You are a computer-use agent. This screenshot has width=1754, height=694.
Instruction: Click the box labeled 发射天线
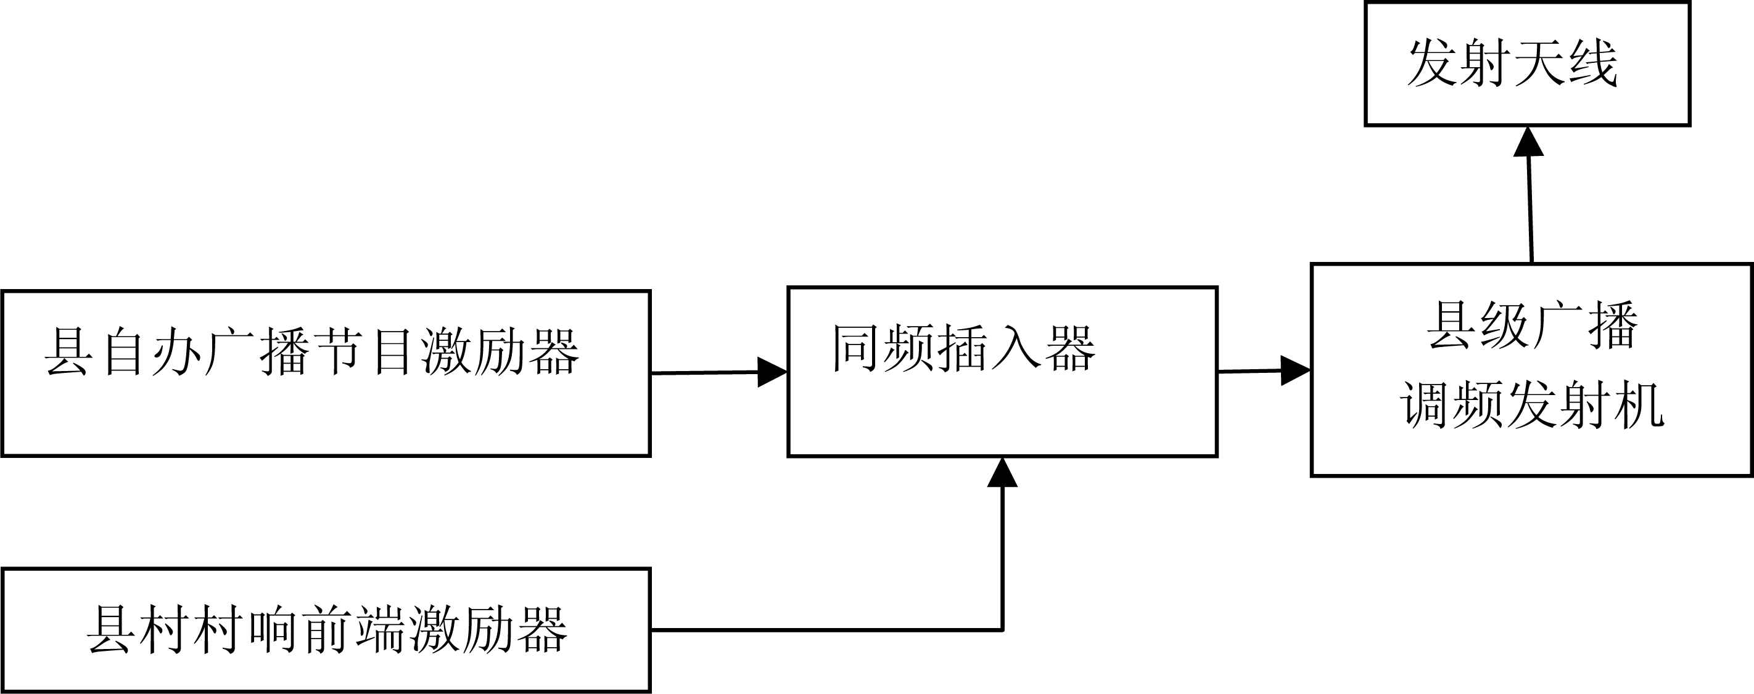[x=1527, y=64]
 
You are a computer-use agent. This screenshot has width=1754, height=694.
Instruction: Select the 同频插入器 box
[x=1002, y=372]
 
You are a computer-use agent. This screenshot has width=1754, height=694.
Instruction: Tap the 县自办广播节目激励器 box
[x=326, y=374]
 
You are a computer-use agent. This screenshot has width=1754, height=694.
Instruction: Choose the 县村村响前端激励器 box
[x=326, y=629]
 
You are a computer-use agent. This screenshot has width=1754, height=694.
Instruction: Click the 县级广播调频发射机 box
[x=1531, y=369]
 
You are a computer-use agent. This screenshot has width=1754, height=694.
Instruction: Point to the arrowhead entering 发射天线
[x=1528, y=142]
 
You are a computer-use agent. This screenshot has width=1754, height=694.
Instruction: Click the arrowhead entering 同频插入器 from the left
[x=772, y=372]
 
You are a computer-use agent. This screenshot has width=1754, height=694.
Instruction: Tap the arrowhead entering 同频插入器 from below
[x=1002, y=473]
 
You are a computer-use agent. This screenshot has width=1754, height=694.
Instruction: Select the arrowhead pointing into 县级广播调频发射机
[x=1295, y=371]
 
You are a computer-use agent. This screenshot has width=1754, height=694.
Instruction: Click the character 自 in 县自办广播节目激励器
[x=124, y=352]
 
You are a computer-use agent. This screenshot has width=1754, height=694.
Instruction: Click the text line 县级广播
[x=1532, y=326]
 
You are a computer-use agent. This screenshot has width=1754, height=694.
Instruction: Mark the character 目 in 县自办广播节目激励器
[x=392, y=352]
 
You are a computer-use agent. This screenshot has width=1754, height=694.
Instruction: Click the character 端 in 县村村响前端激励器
[x=381, y=629]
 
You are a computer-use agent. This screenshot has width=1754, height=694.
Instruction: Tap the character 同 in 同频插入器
[x=856, y=348]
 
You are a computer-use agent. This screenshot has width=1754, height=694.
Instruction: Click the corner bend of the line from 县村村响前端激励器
[x=1002, y=630]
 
